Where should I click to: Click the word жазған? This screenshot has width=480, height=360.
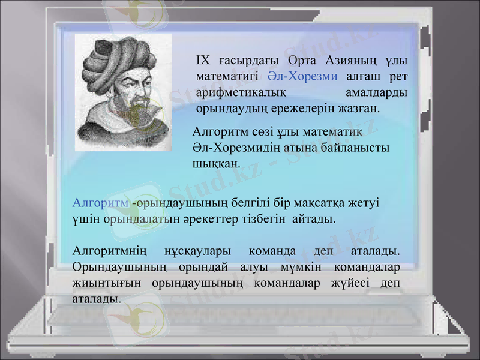[357, 109]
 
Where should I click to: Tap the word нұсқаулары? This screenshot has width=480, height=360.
[195, 250]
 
